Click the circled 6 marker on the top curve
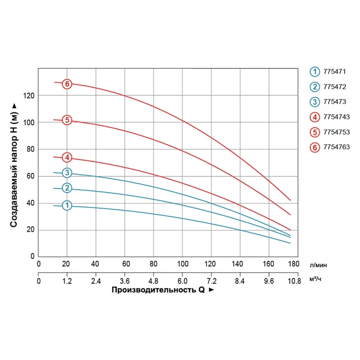tap(67, 84)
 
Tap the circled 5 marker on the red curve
tap(67, 120)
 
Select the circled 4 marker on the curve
tap(67, 157)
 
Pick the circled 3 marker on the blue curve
tap(67, 173)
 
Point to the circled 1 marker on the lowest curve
tap(67, 206)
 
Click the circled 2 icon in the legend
tap(315, 86)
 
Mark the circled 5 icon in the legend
tap(315, 132)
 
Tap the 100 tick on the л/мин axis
tap(182, 264)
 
